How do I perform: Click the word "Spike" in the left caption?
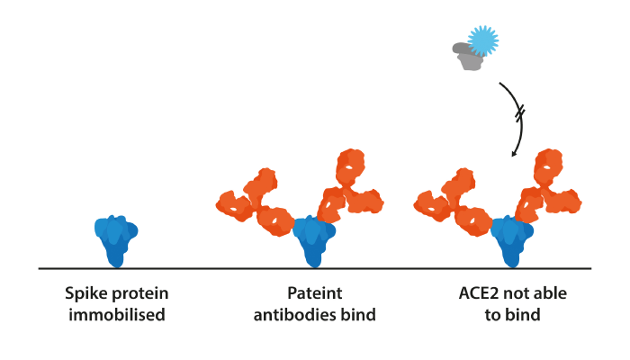click(83, 294)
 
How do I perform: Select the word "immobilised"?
click(117, 315)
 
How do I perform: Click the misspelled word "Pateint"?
click(315, 293)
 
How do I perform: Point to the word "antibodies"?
click(295, 315)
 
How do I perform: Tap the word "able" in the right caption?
click(550, 293)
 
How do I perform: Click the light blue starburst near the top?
click(483, 40)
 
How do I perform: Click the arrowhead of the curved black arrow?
click(514, 154)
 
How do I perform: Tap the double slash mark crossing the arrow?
click(520, 113)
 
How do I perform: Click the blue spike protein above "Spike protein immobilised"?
click(116, 241)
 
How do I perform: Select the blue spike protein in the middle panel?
click(314, 241)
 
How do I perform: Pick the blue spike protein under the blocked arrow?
click(512, 241)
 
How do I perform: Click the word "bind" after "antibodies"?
click(358, 315)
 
